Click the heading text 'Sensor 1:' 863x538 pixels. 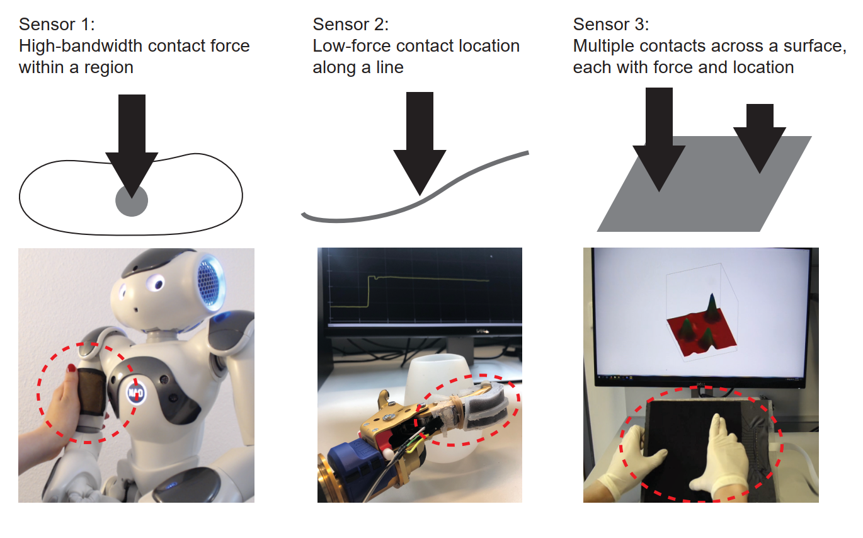[57, 25]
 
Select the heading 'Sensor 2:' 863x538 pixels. [351, 25]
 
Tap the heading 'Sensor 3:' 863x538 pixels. [611, 25]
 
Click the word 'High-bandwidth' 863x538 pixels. [81, 46]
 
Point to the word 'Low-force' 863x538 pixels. [351, 46]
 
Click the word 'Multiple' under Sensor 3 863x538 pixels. [603, 46]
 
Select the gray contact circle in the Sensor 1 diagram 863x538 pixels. [132, 201]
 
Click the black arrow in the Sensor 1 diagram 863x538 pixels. [132, 146]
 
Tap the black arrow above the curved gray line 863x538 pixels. [420, 144]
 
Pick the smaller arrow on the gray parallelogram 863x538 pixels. [760, 139]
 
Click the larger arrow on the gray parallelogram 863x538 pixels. [659, 139]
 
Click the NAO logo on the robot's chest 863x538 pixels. [136, 392]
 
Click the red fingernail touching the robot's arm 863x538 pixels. [71, 368]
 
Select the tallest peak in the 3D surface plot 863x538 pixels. [712, 308]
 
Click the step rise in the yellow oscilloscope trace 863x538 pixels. [369, 291]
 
